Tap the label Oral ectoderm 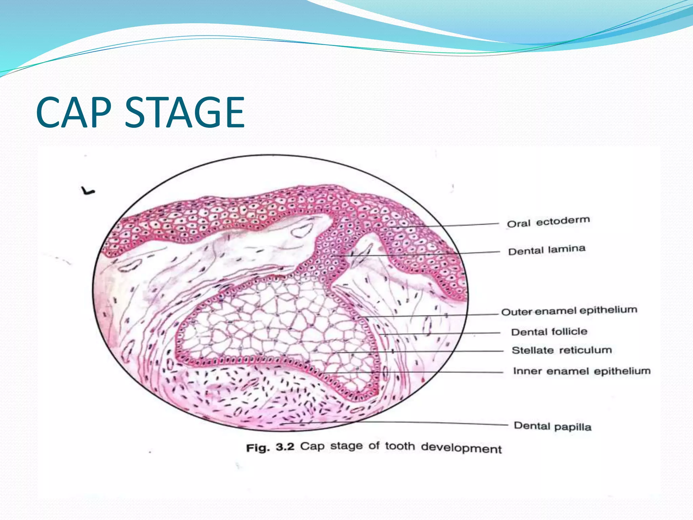(x=548, y=222)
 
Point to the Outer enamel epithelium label (x=569, y=310)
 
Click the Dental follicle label (x=549, y=331)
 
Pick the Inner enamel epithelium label (x=582, y=371)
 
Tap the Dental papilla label (x=553, y=426)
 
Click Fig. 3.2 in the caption (x=270, y=447)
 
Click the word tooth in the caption (x=400, y=447)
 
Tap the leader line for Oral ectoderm (x=467, y=225)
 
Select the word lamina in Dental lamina (x=566, y=249)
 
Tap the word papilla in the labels (x=573, y=427)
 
